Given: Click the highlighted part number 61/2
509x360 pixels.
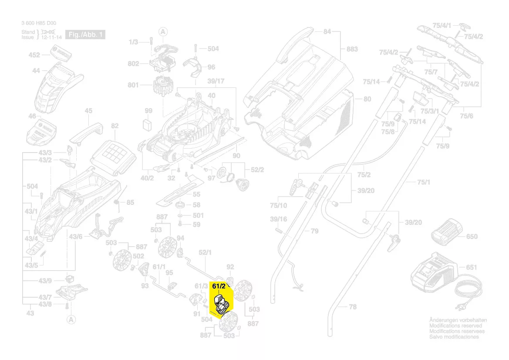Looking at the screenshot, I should click(219, 286).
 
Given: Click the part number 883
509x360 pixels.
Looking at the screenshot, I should click(352, 49).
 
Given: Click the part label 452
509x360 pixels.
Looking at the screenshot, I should click(34, 55).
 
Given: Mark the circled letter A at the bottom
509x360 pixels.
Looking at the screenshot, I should click(70, 320).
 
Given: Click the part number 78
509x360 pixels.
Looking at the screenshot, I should click(353, 307).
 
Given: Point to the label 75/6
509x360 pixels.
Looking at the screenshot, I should click(467, 116).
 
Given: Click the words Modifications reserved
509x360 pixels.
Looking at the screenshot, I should click(455, 326).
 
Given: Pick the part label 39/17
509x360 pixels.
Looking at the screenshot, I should click(216, 82).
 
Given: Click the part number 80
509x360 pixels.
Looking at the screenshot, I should click(367, 99).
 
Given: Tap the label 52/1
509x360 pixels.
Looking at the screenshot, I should click(205, 252).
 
